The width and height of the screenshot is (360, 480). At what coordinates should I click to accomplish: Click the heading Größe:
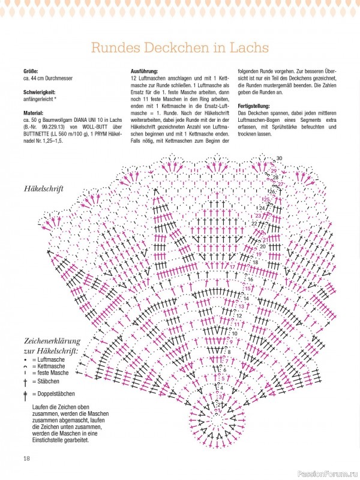point(31,71)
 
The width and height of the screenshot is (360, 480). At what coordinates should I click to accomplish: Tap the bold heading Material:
point(34,112)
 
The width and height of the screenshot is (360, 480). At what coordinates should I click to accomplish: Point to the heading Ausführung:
point(145,71)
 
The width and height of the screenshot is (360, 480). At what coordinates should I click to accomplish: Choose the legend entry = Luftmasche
point(52,359)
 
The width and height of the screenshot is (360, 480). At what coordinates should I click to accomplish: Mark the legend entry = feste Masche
point(56,373)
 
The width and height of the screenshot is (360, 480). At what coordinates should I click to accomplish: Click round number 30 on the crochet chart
point(280,158)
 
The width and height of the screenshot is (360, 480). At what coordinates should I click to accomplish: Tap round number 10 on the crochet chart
point(242,334)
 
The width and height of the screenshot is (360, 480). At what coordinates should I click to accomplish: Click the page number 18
point(26,459)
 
